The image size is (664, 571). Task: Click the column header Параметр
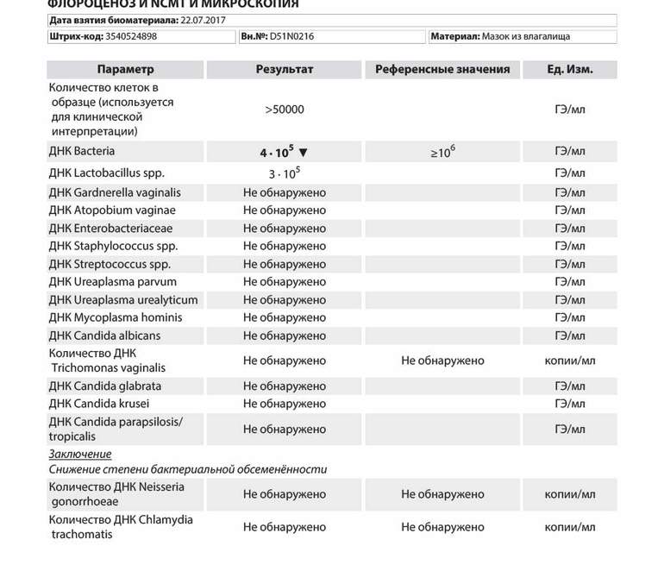click(126, 70)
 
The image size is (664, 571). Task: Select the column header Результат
click(285, 70)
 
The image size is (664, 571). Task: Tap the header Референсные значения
click(442, 70)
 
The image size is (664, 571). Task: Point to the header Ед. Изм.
click(569, 70)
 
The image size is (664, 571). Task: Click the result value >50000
click(285, 110)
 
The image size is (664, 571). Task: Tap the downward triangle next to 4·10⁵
click(303, 153)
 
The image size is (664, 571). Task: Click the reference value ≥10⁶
click(442, 152)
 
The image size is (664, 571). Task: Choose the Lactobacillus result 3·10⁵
click(284, 173)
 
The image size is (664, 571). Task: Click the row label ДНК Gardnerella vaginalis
click(115, 192)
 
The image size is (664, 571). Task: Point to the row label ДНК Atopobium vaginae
click(112, 210)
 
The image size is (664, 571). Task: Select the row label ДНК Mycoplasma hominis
click(116, 317)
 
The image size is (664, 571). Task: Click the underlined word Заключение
click(80, 454)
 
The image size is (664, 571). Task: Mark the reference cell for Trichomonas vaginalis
click(442, 361)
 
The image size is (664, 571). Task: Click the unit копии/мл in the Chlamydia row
click(569, 527)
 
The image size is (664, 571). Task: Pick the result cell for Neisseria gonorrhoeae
click(285, 494)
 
